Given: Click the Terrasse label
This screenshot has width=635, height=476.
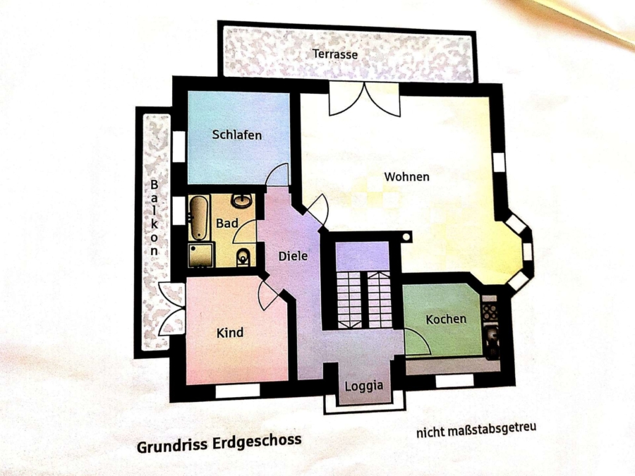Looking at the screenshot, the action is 335,54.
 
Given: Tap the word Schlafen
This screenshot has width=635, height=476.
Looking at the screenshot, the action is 237,135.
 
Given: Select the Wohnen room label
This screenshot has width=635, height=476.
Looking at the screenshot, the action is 406,176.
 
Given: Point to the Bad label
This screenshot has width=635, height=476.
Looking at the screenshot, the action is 226,223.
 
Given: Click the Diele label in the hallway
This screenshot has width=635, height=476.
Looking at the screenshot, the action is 293,256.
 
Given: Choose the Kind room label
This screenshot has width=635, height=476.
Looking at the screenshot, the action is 229,333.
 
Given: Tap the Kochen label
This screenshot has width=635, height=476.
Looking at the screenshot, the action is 446,319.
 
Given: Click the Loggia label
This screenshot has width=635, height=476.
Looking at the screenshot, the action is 363,386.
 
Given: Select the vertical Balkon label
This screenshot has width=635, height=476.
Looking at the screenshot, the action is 154,217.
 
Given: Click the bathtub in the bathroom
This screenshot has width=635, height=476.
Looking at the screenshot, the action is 198,219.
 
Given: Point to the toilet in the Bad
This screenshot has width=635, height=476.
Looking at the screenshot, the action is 243,257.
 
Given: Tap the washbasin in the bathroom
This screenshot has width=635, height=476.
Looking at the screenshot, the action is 242,201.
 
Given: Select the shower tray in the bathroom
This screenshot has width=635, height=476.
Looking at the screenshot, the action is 201,255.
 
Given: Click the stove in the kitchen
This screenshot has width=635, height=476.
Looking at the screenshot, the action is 490,311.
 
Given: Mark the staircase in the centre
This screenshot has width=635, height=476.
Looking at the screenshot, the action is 364,300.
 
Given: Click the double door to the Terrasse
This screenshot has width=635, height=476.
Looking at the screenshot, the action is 365,99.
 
